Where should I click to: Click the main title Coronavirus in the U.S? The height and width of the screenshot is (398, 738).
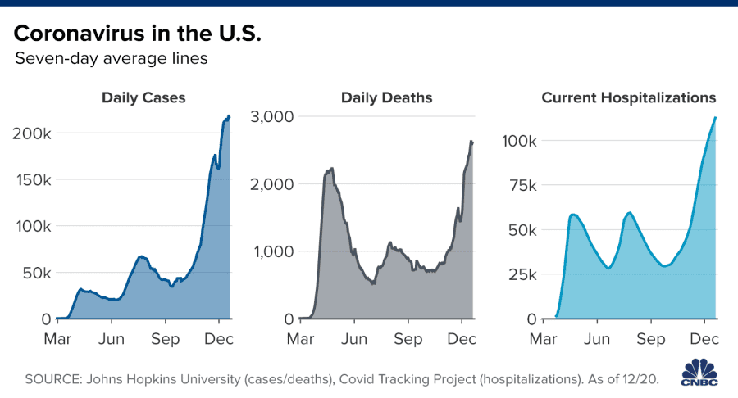(138, 34)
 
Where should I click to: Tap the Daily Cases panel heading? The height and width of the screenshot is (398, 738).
(143, 98)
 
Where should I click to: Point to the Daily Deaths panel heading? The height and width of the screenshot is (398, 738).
(387, 98)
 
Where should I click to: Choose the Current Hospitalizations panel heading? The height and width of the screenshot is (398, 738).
(629, 98)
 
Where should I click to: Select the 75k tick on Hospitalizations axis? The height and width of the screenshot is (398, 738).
(522, 186)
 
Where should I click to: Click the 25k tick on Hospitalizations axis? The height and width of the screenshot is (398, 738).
(522, 274)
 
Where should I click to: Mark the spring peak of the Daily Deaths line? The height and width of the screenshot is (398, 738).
(330, 168)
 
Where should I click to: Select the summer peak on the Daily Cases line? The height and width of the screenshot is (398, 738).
(142, 256)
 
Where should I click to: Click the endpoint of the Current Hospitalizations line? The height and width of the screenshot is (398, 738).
(716, 117)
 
